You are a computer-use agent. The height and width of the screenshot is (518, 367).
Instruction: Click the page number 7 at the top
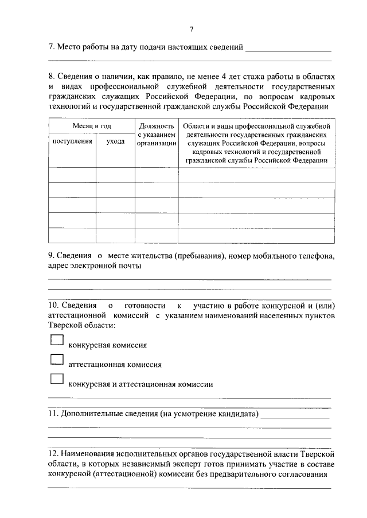[192, 29]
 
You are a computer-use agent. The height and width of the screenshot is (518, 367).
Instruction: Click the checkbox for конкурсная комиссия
[57, 340]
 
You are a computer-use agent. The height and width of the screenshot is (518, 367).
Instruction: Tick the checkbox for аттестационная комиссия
[57, 359]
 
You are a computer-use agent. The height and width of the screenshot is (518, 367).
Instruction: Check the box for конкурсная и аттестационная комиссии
[57, 378]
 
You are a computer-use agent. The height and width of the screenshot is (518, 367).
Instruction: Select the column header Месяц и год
[91, 125]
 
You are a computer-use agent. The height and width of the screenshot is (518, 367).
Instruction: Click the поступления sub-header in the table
[72, 141]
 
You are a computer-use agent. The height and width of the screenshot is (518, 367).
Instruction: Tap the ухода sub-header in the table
[115, 141]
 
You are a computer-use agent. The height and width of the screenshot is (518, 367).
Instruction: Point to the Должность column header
[157, 125]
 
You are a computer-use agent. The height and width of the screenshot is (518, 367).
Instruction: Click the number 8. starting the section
[52, 76]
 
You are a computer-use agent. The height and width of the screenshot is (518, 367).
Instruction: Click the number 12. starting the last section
[53, 453]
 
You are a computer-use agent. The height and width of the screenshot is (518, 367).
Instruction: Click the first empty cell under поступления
[72, 175]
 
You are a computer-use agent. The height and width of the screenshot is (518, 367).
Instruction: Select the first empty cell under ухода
[115, 175]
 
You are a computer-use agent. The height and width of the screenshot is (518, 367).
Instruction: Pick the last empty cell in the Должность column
[157, 235]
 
